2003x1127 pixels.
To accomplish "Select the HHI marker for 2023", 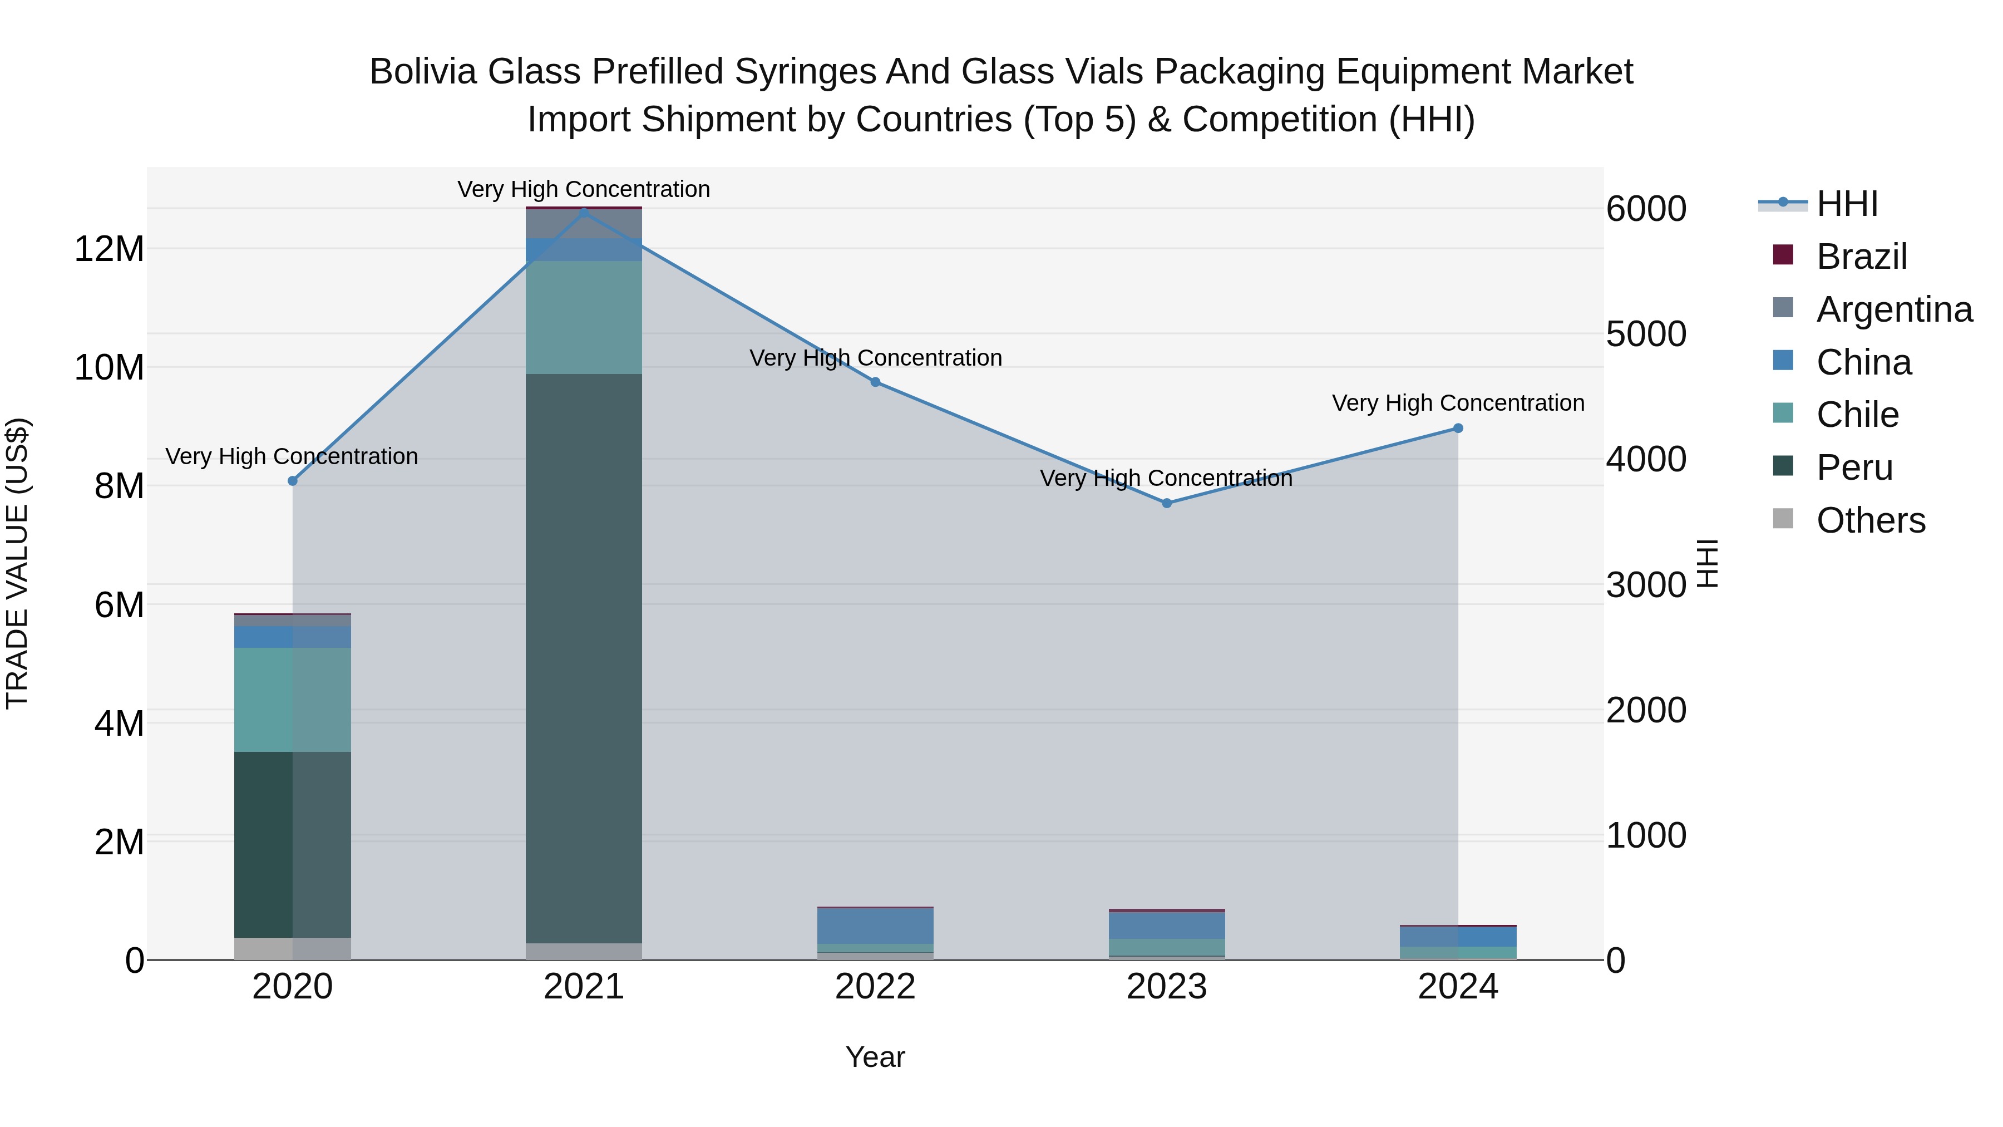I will click(1166, 503).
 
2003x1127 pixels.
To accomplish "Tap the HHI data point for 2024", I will click(1458, 429).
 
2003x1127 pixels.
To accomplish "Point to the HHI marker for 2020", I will click(292, 481).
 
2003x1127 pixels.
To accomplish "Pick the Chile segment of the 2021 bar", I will click(584, 317).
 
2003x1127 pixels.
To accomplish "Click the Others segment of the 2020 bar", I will click(292, 948).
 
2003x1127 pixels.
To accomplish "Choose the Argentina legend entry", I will click(1893, 309).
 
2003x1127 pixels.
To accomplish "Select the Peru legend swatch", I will click(1783, 467).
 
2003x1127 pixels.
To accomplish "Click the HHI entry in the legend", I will click(1847, 204).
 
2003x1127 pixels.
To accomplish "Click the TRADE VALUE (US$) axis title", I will click(17, 564).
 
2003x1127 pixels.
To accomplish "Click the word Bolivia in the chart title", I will click(422, 72).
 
